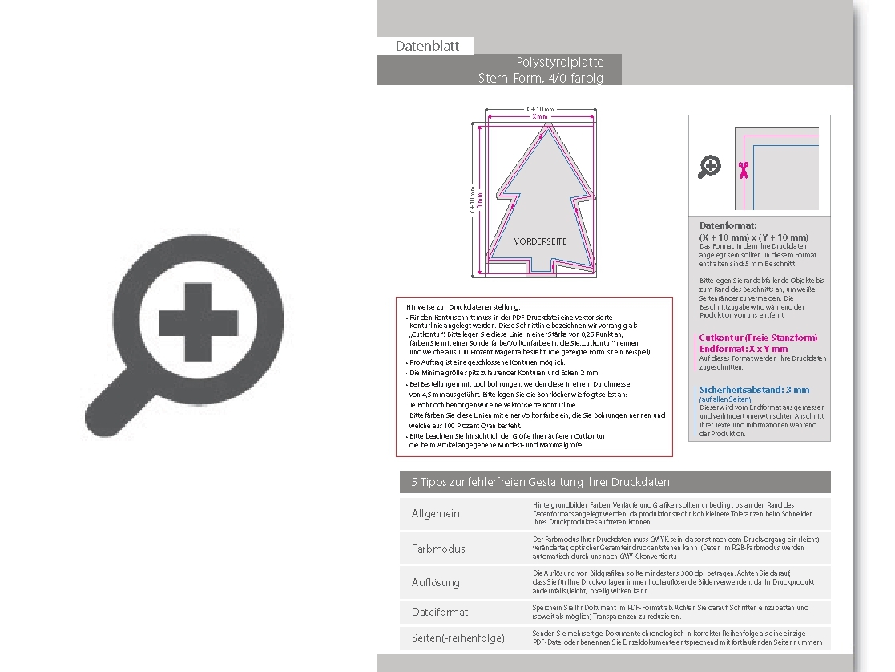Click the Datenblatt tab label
click(427, 46)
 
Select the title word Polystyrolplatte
click(560, 62)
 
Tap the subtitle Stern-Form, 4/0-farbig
click(541, 78)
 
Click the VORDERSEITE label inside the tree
click(540, 241)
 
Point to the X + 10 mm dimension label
click(540, 109)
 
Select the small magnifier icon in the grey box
click(710, 167)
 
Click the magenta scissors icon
click(744, 169)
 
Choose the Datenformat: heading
click(728, 226)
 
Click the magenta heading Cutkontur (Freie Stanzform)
click(758, 338)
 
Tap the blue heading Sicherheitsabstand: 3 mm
click(754, 390)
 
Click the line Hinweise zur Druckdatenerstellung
click(463, 306)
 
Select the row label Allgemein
click(436, 514)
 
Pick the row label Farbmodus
click(438, 549)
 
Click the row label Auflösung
click(436, 583)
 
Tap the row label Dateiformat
click(440, 613)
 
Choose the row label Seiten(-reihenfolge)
click(458, 638)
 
